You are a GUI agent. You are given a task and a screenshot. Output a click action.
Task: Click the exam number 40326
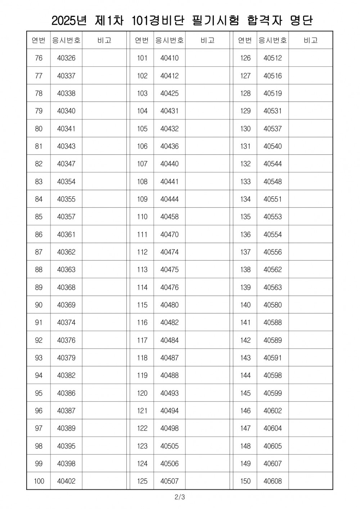(x=66, y=58)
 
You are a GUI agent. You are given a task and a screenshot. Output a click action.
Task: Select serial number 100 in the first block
(x=39, y=481)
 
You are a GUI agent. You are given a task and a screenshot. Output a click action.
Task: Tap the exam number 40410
(x=170, y=58)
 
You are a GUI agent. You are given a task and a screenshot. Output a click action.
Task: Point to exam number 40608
(x=273, y=481)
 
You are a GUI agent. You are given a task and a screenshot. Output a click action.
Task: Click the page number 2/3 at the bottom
(x=179, y=498)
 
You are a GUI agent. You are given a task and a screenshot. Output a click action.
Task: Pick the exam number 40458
(x=170, y=217)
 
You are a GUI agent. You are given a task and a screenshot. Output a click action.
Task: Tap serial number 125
(x=142, y=481)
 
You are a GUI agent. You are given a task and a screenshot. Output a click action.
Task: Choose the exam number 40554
(x=273, y=235)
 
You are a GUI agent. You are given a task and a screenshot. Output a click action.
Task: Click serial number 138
(x=245, y=270)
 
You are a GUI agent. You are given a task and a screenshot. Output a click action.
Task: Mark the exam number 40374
(x=66, y=323)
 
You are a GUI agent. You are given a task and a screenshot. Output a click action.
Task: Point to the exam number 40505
(x=170, y=446)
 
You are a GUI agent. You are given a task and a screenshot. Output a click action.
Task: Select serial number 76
(x=39, y=58)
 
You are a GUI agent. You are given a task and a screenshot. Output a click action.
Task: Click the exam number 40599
(x=273, y=393)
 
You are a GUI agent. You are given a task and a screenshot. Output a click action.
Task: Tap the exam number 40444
(x=170, y=199)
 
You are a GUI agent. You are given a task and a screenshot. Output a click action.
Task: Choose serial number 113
(x=142, y=270)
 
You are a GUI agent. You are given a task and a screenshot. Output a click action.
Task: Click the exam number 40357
(x=66, y=217)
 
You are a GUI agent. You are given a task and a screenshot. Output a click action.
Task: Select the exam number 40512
(x=273, y=58)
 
